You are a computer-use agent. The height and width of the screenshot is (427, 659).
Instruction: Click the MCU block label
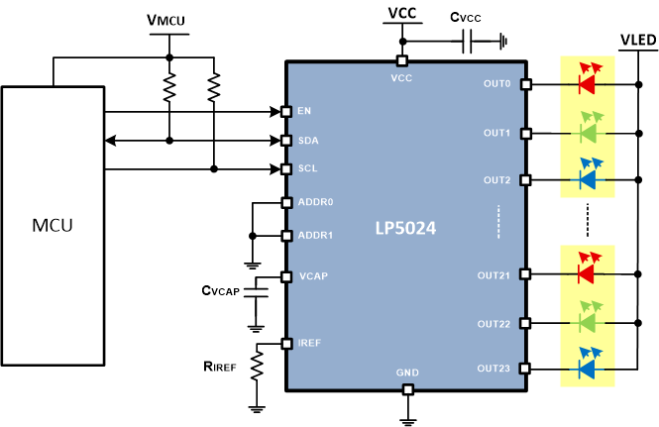[x=52, y=225]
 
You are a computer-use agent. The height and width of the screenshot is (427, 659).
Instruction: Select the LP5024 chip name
[x=403, y=227]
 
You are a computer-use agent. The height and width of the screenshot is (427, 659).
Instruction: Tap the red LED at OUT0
[x=587, y=83]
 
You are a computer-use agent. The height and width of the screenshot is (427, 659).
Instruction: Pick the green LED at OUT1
[x=587, y=131]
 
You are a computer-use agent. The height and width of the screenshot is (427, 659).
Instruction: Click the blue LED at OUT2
[x=587, y=179]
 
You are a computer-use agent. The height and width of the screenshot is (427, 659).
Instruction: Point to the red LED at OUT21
[x=587, y=272]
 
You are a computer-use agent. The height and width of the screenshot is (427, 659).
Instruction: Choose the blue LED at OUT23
[x=587, y=369]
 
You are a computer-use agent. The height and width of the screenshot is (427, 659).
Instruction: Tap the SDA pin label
[x=308, y=141]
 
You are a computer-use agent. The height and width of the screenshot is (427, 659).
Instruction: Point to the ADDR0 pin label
[x=315, y=203]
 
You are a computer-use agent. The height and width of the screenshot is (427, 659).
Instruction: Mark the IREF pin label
[x=310, y=342]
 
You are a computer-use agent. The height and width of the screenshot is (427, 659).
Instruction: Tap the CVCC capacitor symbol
[x=468, y=42]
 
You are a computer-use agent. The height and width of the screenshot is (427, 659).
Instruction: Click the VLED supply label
[x=636, y=41]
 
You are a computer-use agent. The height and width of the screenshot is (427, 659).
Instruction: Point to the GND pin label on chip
[x=406, y=373]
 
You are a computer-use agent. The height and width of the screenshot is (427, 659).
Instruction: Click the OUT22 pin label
[x=493, y=323]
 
